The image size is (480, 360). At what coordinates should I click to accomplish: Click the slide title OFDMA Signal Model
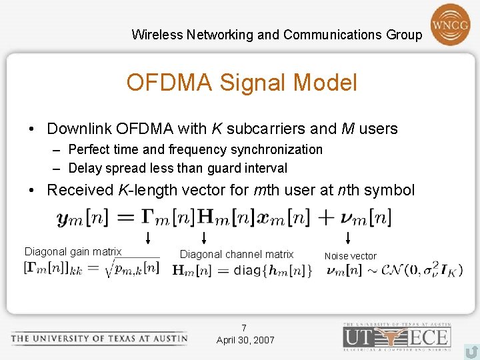click(241, 83)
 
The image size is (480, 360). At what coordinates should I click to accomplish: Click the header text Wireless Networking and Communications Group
click(277, 35)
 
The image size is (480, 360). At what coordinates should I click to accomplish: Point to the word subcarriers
click(263, 129)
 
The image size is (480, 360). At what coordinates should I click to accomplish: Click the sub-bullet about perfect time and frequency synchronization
click(195, 149)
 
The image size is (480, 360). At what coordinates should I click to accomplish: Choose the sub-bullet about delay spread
click(177, 168)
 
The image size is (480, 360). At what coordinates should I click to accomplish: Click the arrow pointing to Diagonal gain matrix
click(147, 237)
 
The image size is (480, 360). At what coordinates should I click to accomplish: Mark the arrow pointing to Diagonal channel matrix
click(203, 237)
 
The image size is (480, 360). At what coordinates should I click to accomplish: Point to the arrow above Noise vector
click(347, 237)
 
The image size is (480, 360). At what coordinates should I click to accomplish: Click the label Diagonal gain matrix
click(73, 251)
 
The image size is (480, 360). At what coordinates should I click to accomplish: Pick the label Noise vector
click(350, 256)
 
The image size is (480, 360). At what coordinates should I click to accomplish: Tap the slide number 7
click(244, 328)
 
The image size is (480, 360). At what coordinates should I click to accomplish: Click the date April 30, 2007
click(245, 340)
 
